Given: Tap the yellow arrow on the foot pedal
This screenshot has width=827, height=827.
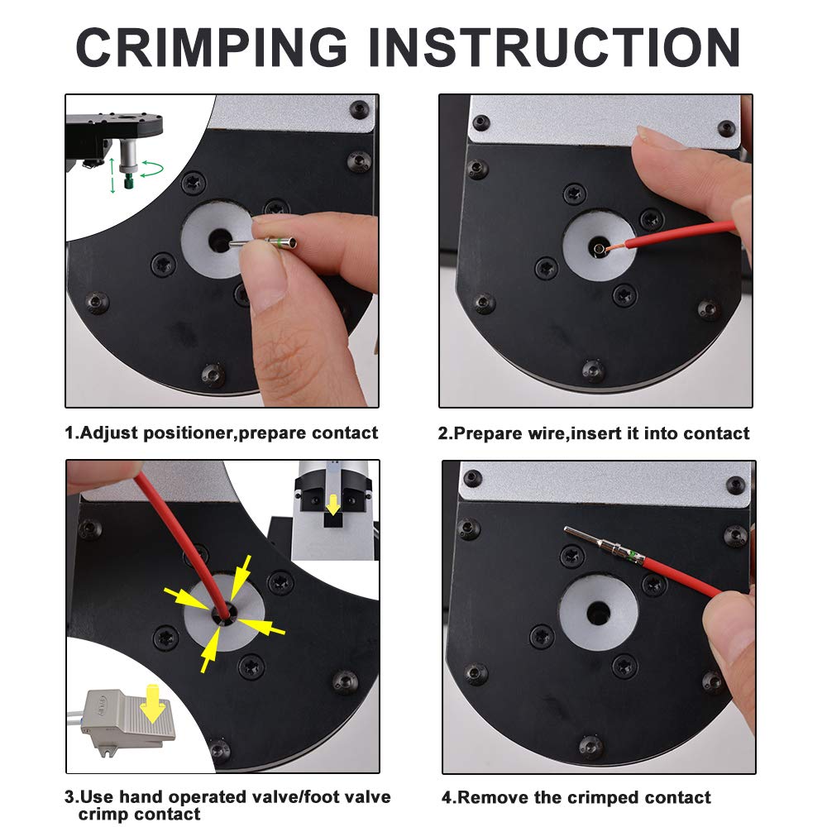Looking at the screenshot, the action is pyautogui.click(x=153, y=704).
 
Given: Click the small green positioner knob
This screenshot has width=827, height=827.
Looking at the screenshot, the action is pyautogui.click(x=128, y=183).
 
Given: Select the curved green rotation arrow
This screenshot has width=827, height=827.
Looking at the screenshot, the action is pyautogui.click(x=152, y=169).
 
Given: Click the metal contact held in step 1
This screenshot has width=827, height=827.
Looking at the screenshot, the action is pyautogui.click(x=263, y=243).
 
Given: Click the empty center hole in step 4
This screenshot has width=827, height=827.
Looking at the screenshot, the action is pyautogui.click(x=599, y=612).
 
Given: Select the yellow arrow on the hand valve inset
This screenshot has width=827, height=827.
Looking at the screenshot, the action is pyautogui.click(x=332, y=504).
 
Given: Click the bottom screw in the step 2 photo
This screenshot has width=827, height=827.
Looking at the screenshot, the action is pyautogui.click(x=592, y=370).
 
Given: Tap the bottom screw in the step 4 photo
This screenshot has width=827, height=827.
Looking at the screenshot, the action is pyautogui.click(x=590, y=746).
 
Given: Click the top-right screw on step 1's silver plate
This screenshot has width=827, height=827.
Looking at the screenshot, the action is pyautogui.click(x=360, y=109).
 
